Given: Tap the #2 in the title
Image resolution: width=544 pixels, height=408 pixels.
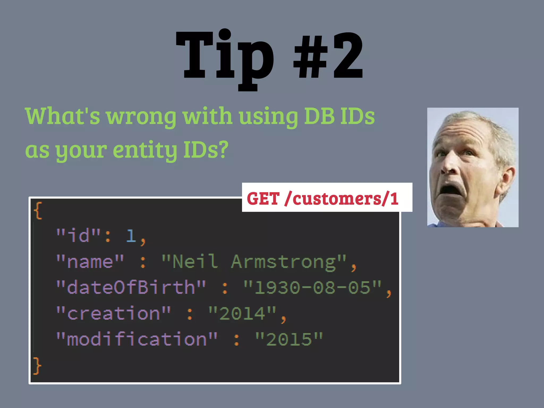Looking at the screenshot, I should pos(328,56).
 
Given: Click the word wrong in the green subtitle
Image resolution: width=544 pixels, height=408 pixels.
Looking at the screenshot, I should pos(141,117).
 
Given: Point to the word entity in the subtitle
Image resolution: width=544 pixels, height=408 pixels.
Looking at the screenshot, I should pos(145,150).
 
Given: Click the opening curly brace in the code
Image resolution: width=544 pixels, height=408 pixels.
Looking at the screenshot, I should pos(38,211).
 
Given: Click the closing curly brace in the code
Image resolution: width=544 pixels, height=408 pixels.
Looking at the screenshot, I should pos(37,366).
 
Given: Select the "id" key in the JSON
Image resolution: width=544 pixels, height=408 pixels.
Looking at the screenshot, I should pos(78,235).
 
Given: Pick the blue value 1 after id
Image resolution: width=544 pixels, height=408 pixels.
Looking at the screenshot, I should pos(131,235).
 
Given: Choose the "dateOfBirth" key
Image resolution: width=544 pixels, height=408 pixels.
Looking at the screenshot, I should pos(131,287).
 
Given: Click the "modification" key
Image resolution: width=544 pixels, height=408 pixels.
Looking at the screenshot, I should pos(137,339).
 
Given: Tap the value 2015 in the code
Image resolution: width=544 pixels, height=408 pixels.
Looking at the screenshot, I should pos(289,339).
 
